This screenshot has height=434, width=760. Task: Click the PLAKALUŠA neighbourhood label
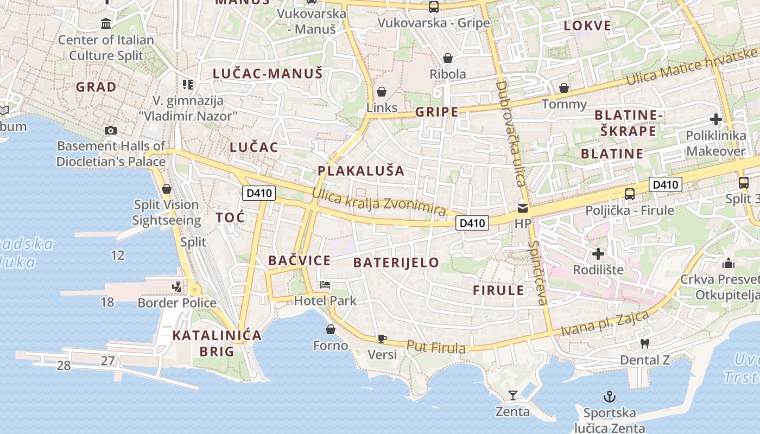[x=361, y=171]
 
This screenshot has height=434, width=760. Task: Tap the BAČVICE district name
[x=299, y=260]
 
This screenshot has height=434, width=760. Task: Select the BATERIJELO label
[x=396, y=263]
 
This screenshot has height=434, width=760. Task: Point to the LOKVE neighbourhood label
[x=587, y=25]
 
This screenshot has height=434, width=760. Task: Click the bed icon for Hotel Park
[x=325, y=284]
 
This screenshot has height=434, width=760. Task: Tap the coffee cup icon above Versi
[x=382, y=339]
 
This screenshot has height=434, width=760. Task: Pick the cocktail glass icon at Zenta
[x=512, y=395]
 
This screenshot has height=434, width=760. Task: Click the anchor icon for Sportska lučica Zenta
[x=610, y=397]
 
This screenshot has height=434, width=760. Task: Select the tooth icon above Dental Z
[x=645, y=343]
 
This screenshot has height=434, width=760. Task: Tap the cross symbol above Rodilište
[x=598, y=253]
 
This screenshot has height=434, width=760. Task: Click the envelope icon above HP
[x=523, y=207]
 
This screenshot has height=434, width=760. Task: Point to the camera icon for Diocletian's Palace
[x=111, y=130]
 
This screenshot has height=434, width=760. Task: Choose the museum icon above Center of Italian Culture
[x=106, y=24]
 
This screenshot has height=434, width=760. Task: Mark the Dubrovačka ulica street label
[x=510, y=133]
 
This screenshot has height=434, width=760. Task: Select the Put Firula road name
[x=436, y=347]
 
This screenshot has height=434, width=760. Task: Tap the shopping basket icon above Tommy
[x=564, y=88]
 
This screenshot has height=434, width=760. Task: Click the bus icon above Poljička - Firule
[x=630, y=194]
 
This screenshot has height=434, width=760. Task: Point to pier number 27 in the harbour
[x=108, y=360]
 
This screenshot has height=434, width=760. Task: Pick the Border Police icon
[x=177, y=286]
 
